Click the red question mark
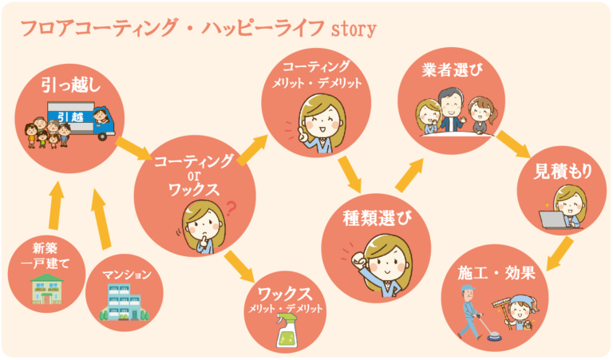[x=232, y=210]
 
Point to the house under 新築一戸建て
[x=45, y=290]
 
